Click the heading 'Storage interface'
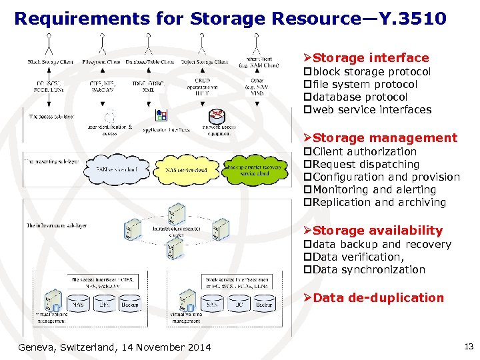tap(371, 58)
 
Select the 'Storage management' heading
tap(385, 138)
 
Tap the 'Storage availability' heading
tap(377, 231)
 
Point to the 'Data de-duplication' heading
tap(378, 298)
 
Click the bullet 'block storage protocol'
tap(371, 71)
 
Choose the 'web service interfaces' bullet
tap(371, 110)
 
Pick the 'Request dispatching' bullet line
tap(365, 164)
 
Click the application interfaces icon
tap(161, 115)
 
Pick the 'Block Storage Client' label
tap(51, 62)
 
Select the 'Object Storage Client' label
tap(205, 62)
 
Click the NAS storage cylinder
tap(79, 305)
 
